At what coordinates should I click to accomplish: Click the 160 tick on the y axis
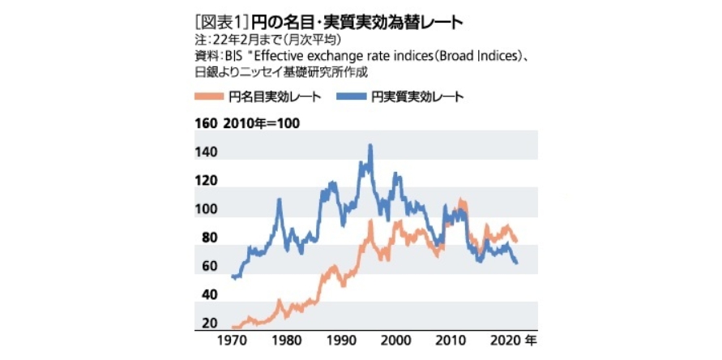(206, 124)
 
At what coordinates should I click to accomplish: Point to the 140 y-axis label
(206, 152)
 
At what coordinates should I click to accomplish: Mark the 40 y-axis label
(208, 296)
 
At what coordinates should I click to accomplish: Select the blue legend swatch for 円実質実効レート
(352, 96)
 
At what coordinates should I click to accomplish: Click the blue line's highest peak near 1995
(370, 145)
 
